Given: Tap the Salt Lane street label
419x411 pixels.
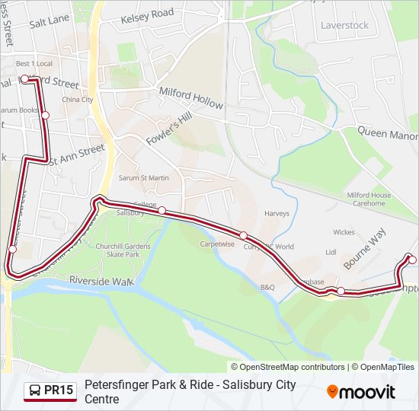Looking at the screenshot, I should (x=49, y=21).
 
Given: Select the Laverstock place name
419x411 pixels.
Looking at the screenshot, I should (x=344, y=25).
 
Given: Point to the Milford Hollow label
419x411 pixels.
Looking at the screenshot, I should (x=190, y=97).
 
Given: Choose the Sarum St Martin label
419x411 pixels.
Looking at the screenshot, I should (x=143, y=178).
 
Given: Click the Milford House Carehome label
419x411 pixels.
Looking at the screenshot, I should (x=369, y=199).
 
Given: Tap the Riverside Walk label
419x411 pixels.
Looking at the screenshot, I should (x=101, y=281).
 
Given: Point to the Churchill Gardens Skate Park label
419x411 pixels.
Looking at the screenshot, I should (x=117, y=250).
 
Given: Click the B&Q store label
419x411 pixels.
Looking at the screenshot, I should (x=267, y=288).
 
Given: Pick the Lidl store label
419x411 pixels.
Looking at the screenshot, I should (x=331, y=251).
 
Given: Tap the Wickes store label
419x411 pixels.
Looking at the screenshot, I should (x=344, y=232).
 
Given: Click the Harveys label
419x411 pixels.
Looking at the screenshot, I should (x=277, y=214).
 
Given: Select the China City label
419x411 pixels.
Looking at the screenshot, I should (x=77, y=99).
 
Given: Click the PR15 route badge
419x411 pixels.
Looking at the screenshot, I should (x=50, y=391).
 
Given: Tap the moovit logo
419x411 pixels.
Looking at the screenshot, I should (x=361, y=392).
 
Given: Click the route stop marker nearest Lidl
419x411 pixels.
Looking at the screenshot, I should (x=341, y=291).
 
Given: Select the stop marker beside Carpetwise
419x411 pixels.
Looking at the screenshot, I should (x=243, y=235).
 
